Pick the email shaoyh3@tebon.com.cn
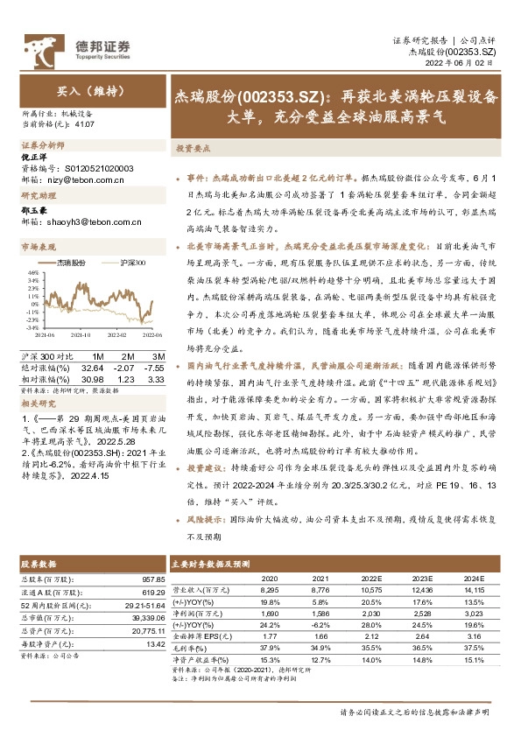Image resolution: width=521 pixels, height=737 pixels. [89, 221]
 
